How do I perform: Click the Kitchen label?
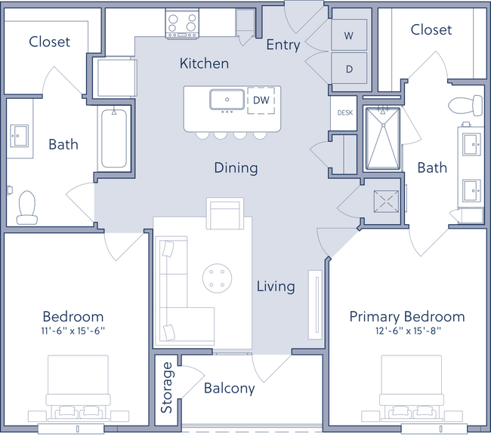[x=204, y=63]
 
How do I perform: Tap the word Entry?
[x=283, y=45]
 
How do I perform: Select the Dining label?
[x=236, y=168]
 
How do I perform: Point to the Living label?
[x=276, y=287]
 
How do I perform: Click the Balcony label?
[x=230, y=389]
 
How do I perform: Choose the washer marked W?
[x=348, y=35]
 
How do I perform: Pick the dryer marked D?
[x=348, y=69]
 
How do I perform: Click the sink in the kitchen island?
[x=227, y=100]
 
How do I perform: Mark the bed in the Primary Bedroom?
[x=411, y=389]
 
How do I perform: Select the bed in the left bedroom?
[x=79, y=389]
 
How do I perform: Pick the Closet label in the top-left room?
[x=49, y=42]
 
